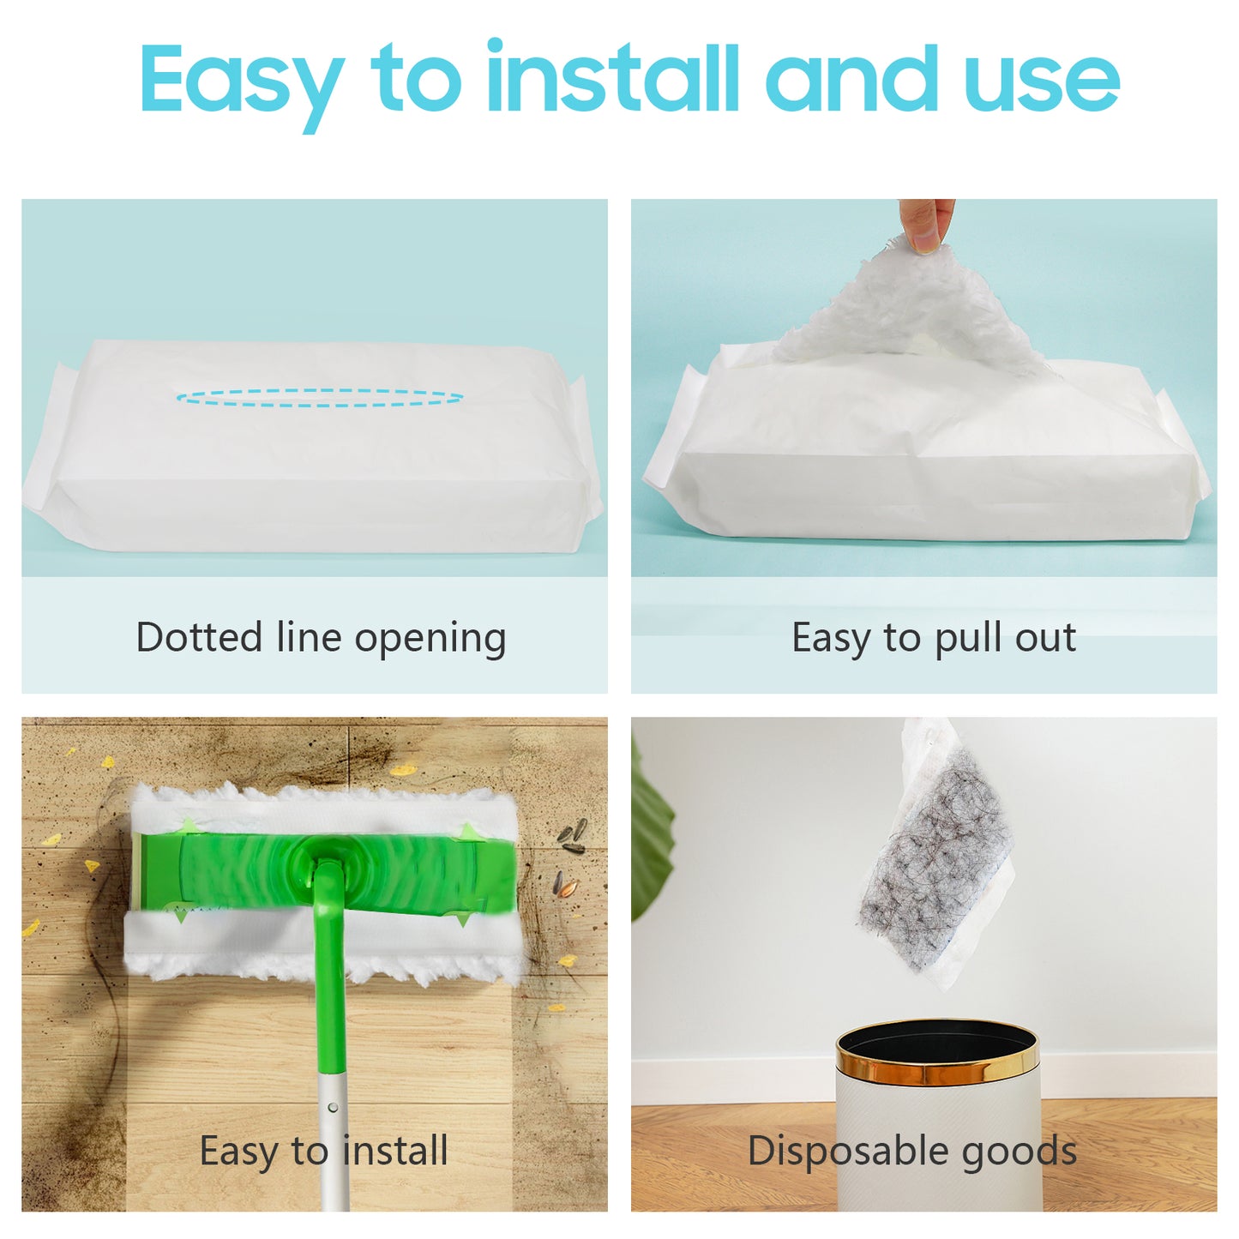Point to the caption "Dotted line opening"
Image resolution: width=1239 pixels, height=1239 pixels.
coord(321,638)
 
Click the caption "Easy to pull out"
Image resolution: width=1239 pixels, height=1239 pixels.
coord(934,638)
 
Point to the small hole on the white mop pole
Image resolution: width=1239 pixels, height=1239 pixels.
coord(332,1107)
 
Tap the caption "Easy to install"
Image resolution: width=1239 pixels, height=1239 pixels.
coord(323,1151)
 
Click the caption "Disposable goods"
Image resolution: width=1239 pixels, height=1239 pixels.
coord(911,1151)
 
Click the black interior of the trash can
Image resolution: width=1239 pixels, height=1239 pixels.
coord(936,1043)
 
